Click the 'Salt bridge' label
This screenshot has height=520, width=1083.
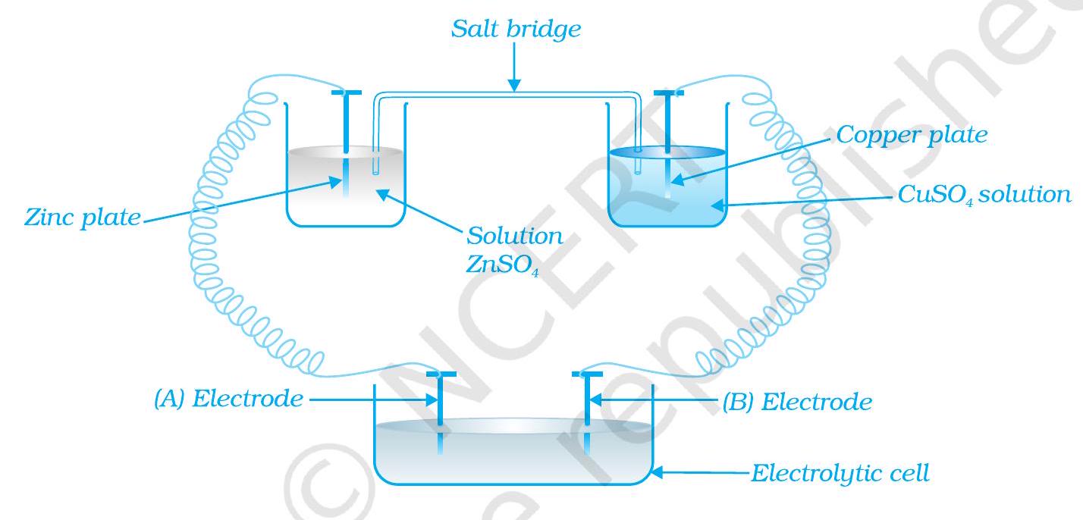516,30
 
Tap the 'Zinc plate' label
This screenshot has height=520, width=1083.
82,218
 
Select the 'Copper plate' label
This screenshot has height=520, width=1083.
912,135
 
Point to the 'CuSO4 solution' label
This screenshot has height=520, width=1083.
984,195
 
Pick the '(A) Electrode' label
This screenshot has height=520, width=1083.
228,399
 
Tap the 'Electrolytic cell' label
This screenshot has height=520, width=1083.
840,474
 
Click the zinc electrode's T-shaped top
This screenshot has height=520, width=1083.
345,94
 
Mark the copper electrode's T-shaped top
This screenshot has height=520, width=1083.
668,94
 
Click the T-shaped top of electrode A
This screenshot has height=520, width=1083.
441,374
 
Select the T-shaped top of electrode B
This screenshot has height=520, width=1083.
588,374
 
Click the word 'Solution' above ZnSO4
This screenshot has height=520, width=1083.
514,236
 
